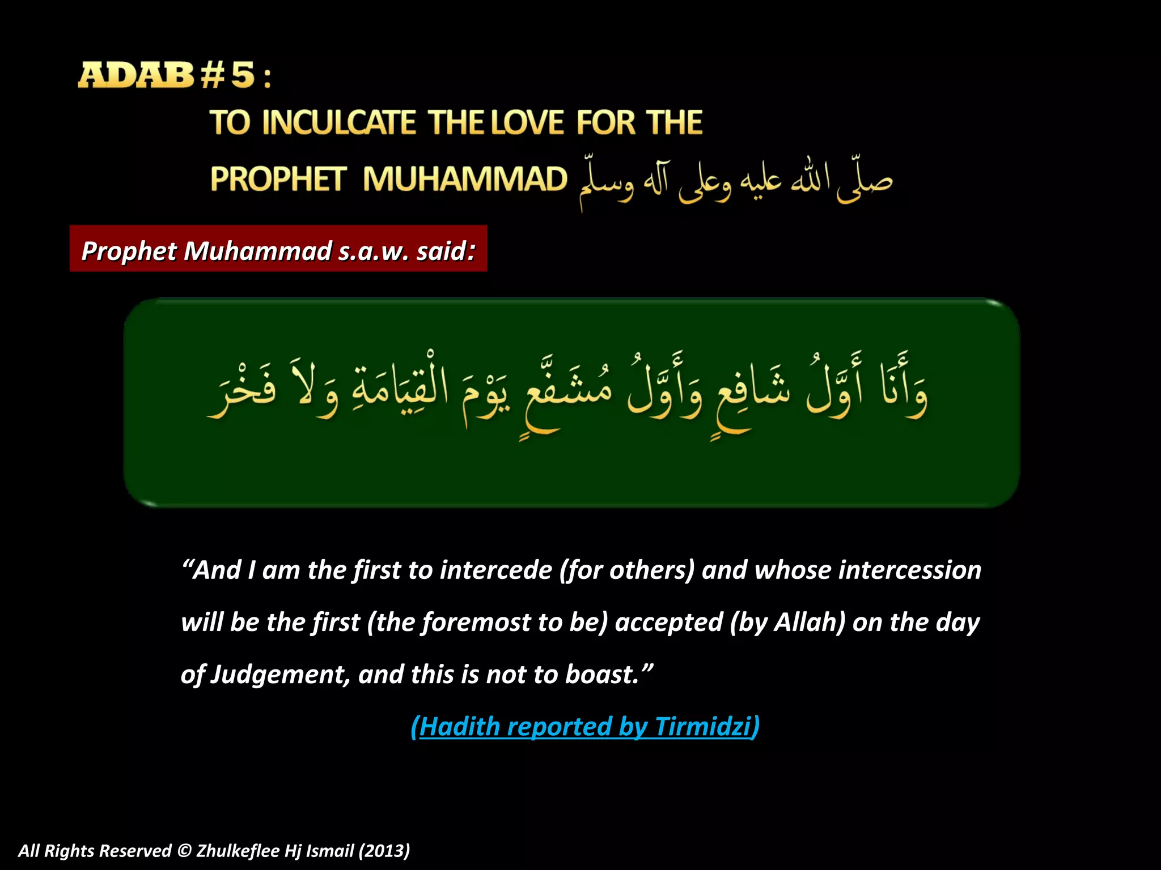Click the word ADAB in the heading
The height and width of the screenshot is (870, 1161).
point(135,75)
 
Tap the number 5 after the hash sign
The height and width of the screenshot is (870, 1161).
point(243,75)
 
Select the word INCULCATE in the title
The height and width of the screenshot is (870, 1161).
point(338,123)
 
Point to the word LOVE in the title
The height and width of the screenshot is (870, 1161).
point(527,123)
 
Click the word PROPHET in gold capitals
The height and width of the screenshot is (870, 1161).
point(278,179)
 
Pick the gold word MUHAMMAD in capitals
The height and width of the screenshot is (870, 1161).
point(465,179)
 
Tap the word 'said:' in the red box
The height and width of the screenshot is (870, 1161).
point(446,250)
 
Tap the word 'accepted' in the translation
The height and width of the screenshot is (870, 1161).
point(669,622)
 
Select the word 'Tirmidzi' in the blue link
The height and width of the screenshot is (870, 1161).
point(702,727)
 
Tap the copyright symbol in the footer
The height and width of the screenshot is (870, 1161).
point(184,851)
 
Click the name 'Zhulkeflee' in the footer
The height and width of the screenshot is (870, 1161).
point(238,851)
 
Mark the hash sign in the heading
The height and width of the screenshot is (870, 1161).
point(213,75)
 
